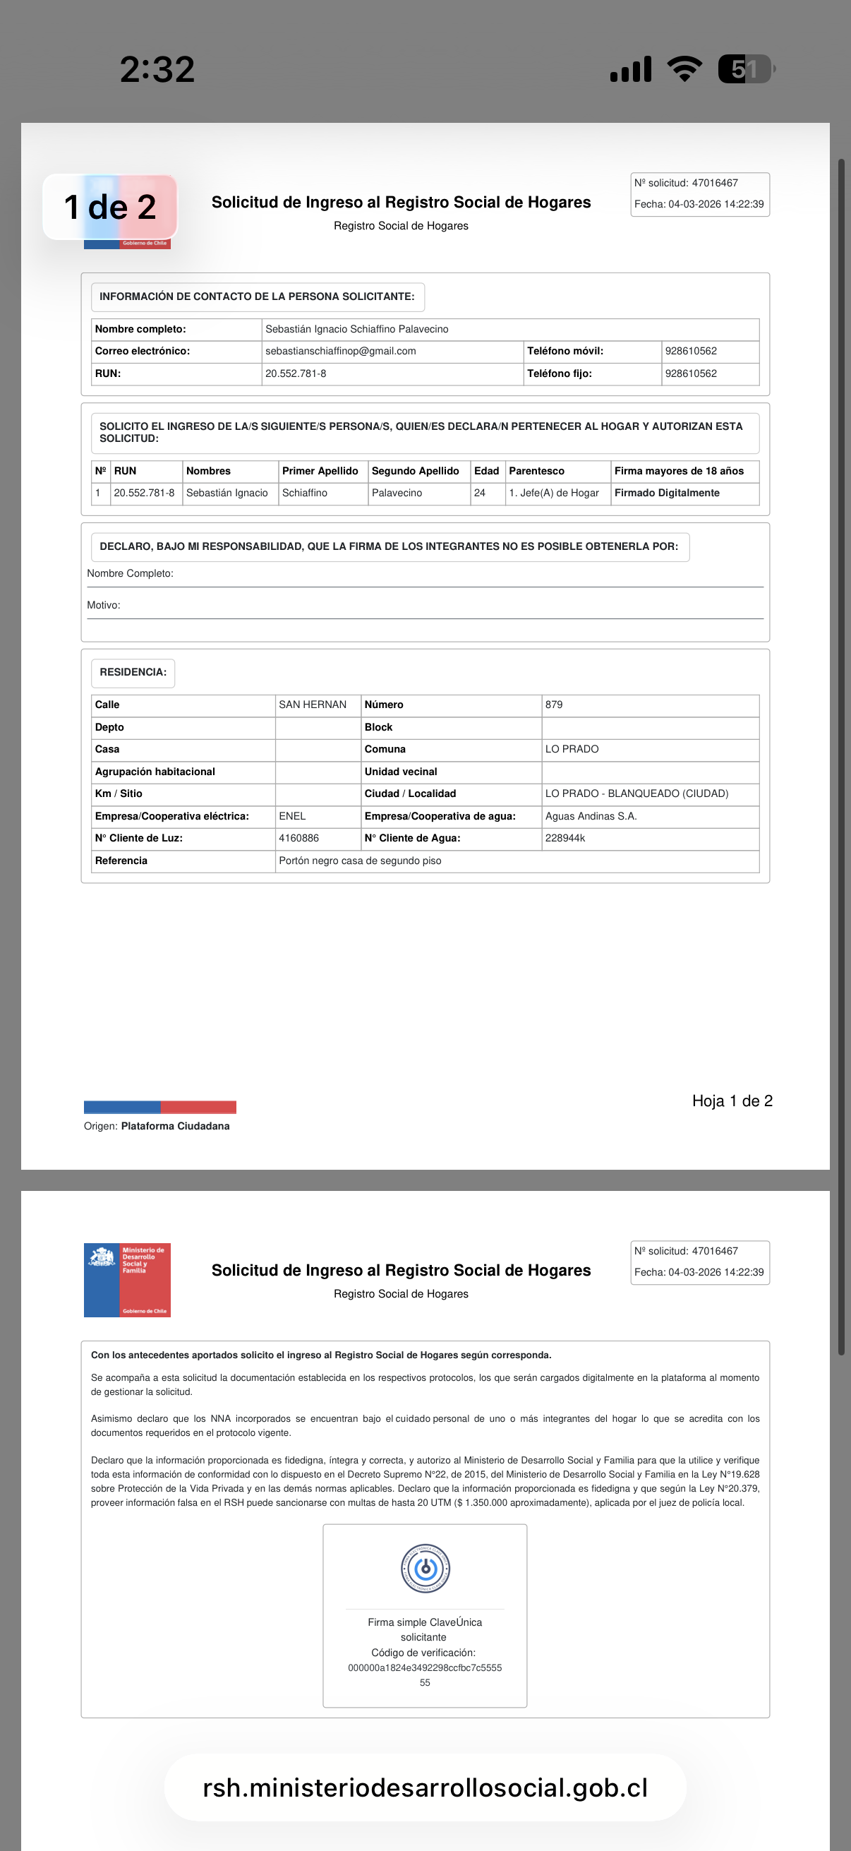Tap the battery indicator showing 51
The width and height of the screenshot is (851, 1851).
[744, 69]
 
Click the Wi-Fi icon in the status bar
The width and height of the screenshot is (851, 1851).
[684, 69]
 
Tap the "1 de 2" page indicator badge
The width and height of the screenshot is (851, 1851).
[110, 207]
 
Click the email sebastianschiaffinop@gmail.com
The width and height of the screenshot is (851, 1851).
[340, 352]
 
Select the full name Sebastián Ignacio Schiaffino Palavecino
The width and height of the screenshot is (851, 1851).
[357, 329]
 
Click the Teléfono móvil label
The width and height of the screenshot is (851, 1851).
[565, 352]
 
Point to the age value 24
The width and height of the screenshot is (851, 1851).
[480, 493]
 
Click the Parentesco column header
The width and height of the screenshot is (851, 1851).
[536, 471]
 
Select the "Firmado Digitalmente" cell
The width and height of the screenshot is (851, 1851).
[666, 493]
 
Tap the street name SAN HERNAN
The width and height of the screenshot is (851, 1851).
[313, 705]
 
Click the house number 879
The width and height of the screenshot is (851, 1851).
[554, 705]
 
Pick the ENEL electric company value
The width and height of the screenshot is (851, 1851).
[292, 816]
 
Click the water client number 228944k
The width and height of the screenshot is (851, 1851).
[565, 838]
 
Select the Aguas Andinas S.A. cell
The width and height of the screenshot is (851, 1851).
[591, 816]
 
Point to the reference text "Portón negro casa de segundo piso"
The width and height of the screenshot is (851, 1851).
[360, 861]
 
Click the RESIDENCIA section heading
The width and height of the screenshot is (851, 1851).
[133, 673]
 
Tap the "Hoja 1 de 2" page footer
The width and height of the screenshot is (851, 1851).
[732, 1101]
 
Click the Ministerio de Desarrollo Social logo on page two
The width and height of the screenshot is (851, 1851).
[127, 1280]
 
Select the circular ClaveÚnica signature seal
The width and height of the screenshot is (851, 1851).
[425, 1568]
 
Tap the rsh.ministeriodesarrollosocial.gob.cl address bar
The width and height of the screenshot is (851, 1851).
[425, 1787]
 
